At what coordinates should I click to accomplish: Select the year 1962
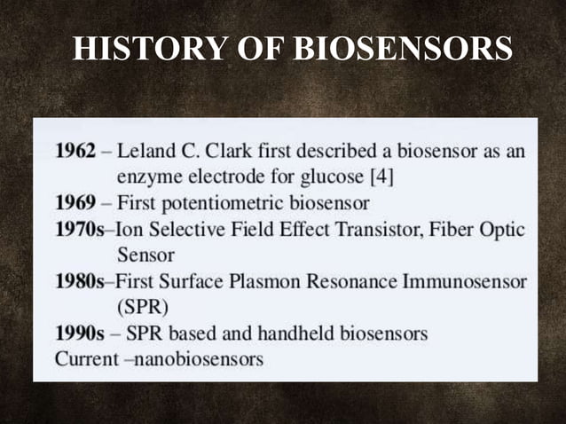[x=75, y=150]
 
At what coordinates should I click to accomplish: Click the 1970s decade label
[x=79, y=229]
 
